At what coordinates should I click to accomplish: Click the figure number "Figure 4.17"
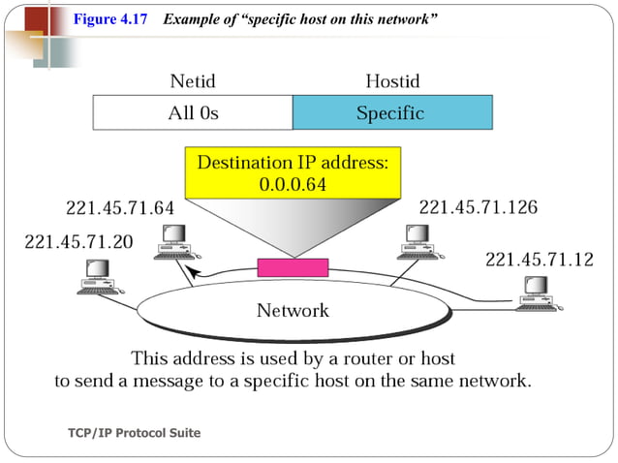click(x=109, y=20)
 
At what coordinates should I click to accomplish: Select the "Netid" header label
click(x=193, y=80)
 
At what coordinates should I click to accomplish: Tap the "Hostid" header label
click(x=391, y=80)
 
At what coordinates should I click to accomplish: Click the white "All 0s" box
click(x=193, y=113)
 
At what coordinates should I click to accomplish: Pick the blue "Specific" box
click(x=391, y=113)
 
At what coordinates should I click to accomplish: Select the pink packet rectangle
click(x=292, y=267)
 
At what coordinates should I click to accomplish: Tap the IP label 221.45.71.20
click(x=79, y=241)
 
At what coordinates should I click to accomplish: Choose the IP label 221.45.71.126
click(x=478, y=207)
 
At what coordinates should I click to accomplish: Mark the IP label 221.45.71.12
click(x=538, y=259)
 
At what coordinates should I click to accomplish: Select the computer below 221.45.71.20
click(x=98, y=277)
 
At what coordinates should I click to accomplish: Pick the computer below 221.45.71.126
click(x=417, y=241)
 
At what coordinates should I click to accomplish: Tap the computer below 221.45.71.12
click(x=536, y=291)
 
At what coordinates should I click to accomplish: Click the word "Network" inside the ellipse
click(x=292, y=311)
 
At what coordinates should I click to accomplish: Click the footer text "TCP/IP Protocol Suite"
click(x=135, y=433)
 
